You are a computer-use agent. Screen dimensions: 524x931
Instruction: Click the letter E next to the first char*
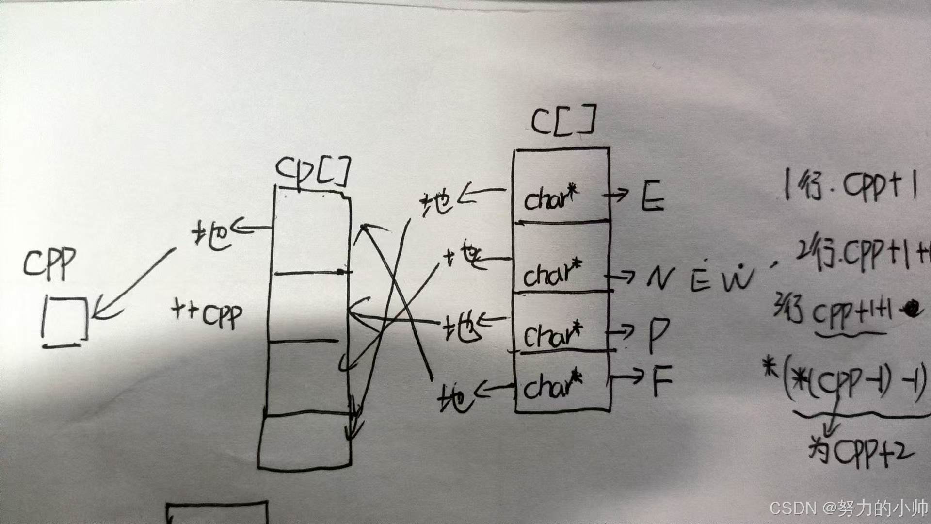click(652, 196)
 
